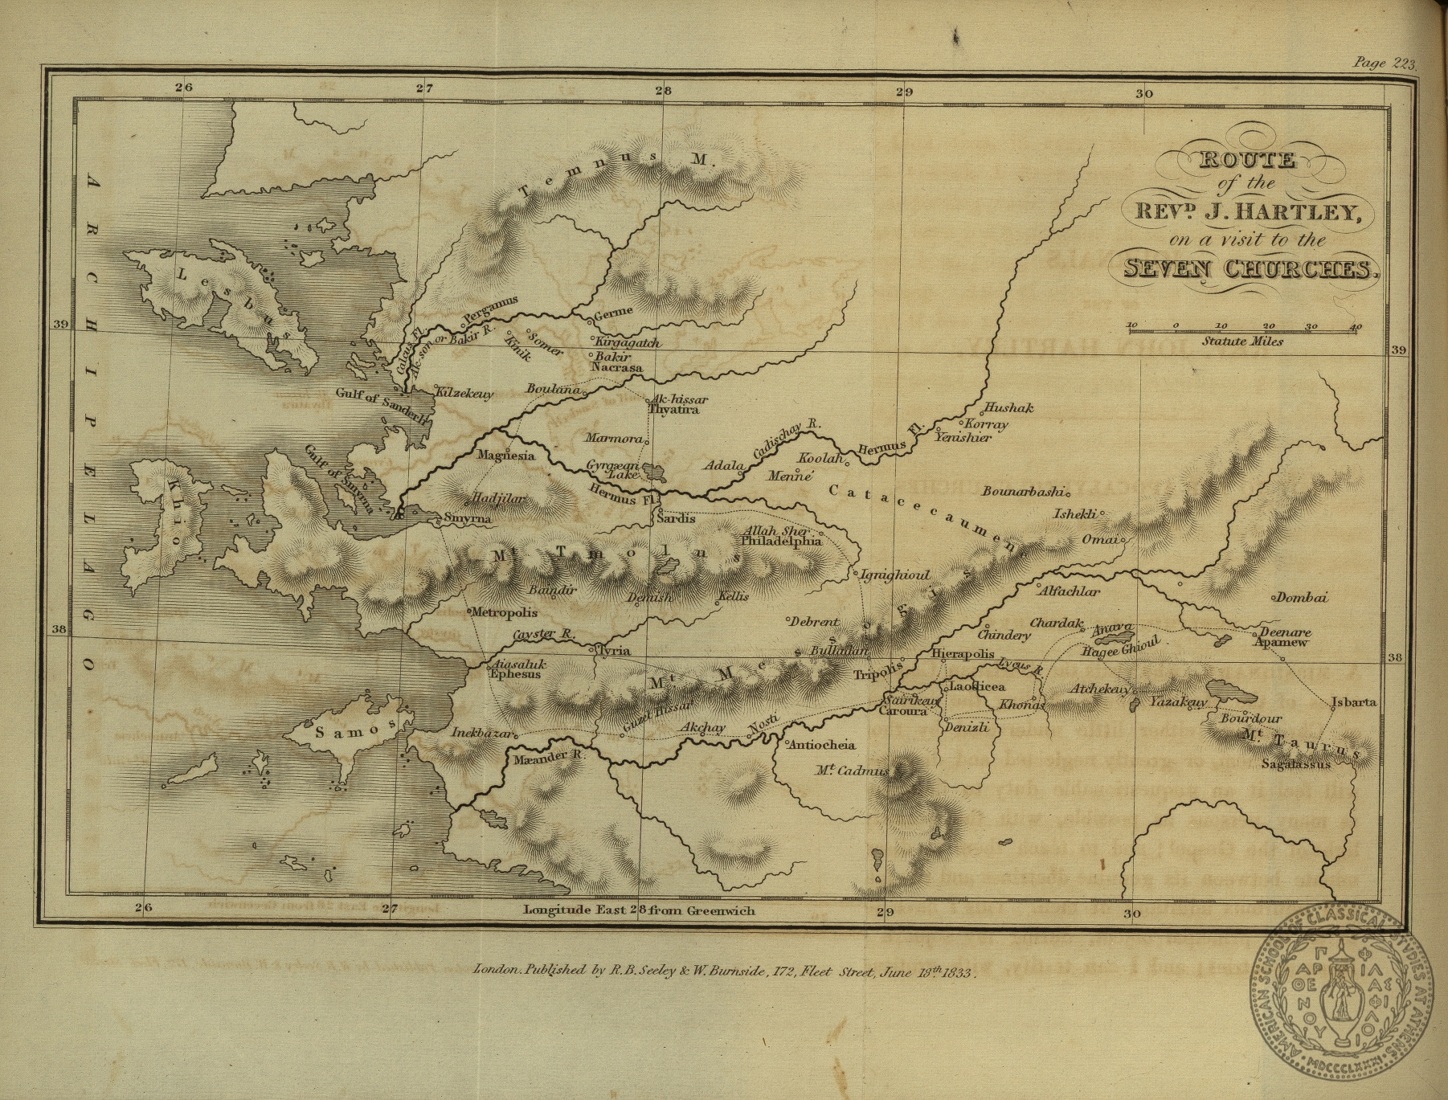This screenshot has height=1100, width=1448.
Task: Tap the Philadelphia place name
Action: [781, 542]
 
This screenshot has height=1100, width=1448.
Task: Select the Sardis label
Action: [676, 518]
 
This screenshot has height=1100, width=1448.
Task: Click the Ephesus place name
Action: [515, 675]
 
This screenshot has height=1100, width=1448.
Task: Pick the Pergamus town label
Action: [492, 310]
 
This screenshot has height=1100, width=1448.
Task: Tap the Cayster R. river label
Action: [544, 635]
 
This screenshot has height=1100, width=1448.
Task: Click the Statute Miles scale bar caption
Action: [1242, 341]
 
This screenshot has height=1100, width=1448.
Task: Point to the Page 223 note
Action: [1385, 63]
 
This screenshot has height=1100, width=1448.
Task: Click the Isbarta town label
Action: [1354, 701]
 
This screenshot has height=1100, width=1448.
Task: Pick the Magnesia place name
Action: [505, 456]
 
